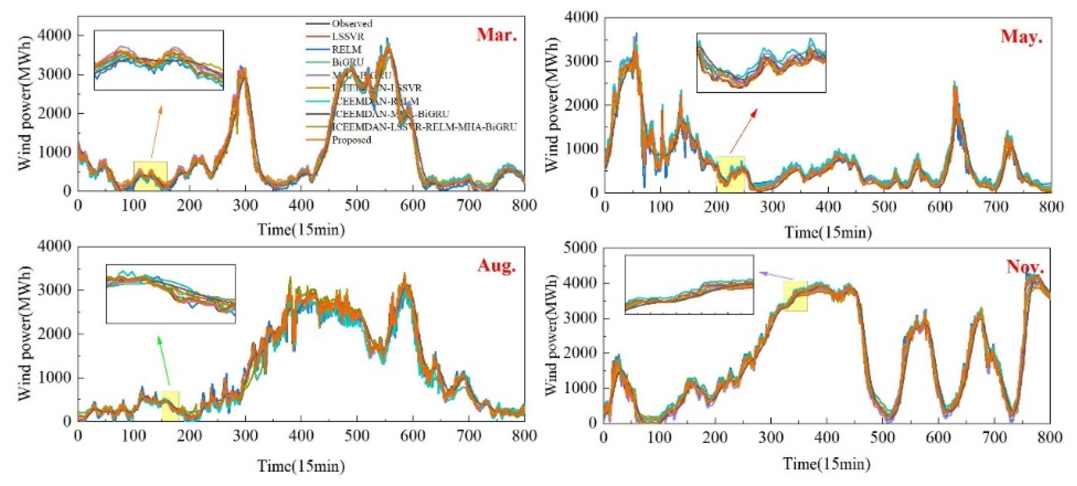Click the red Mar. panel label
pos(497,35)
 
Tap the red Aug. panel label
pos(497,265)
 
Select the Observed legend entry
pos(351,23)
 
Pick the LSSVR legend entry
pos(348,36)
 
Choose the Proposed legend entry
pos(351,140)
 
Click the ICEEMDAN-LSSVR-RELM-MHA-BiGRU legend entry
pos(424,127)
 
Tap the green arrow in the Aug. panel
pos(165,360)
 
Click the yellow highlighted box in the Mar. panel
pos(150,175)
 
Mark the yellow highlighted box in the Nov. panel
pos(795,296)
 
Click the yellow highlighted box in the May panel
pos(730,174)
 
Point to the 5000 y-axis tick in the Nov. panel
pos(580,248)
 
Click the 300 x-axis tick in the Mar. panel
pos(245,205)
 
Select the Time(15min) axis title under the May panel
pos(828,233)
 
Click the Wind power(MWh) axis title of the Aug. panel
pos(26,334)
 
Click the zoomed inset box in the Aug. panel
pos(171,294)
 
